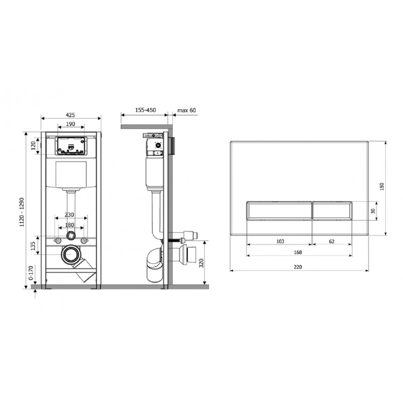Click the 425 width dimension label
[x=70, y=115]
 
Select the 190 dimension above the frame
[x=71, y=124]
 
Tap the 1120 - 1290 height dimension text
[x=22, y=212]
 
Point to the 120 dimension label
[x=33, y=146]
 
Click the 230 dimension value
[x=69, y=215]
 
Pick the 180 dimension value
[x=69, y=225]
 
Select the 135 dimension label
[x=33, y=246]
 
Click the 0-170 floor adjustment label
[x=31, y=273]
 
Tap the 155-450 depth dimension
[x=145, y=110]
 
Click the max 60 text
[x=187, y=110]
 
